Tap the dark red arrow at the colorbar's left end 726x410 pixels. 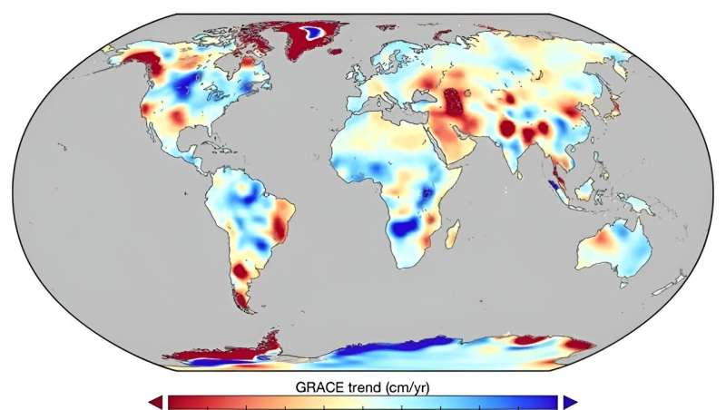pos(157,401)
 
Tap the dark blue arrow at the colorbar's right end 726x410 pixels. pos(569,401)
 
